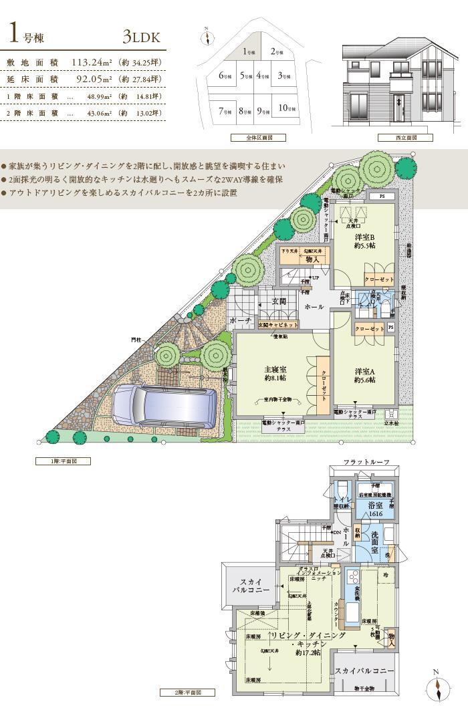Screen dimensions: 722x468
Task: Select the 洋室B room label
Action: (x=364, y=241)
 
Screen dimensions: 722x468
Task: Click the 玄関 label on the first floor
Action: (x=278, y=302)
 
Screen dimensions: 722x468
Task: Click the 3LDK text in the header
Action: (x=142, y=37)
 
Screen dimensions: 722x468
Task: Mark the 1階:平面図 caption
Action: (x=62, y=461)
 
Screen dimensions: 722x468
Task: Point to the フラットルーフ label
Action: (x=366, y=463)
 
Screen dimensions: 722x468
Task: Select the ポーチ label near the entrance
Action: (x=241, y=321)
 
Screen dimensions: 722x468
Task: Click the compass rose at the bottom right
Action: (x=436, y=687)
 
